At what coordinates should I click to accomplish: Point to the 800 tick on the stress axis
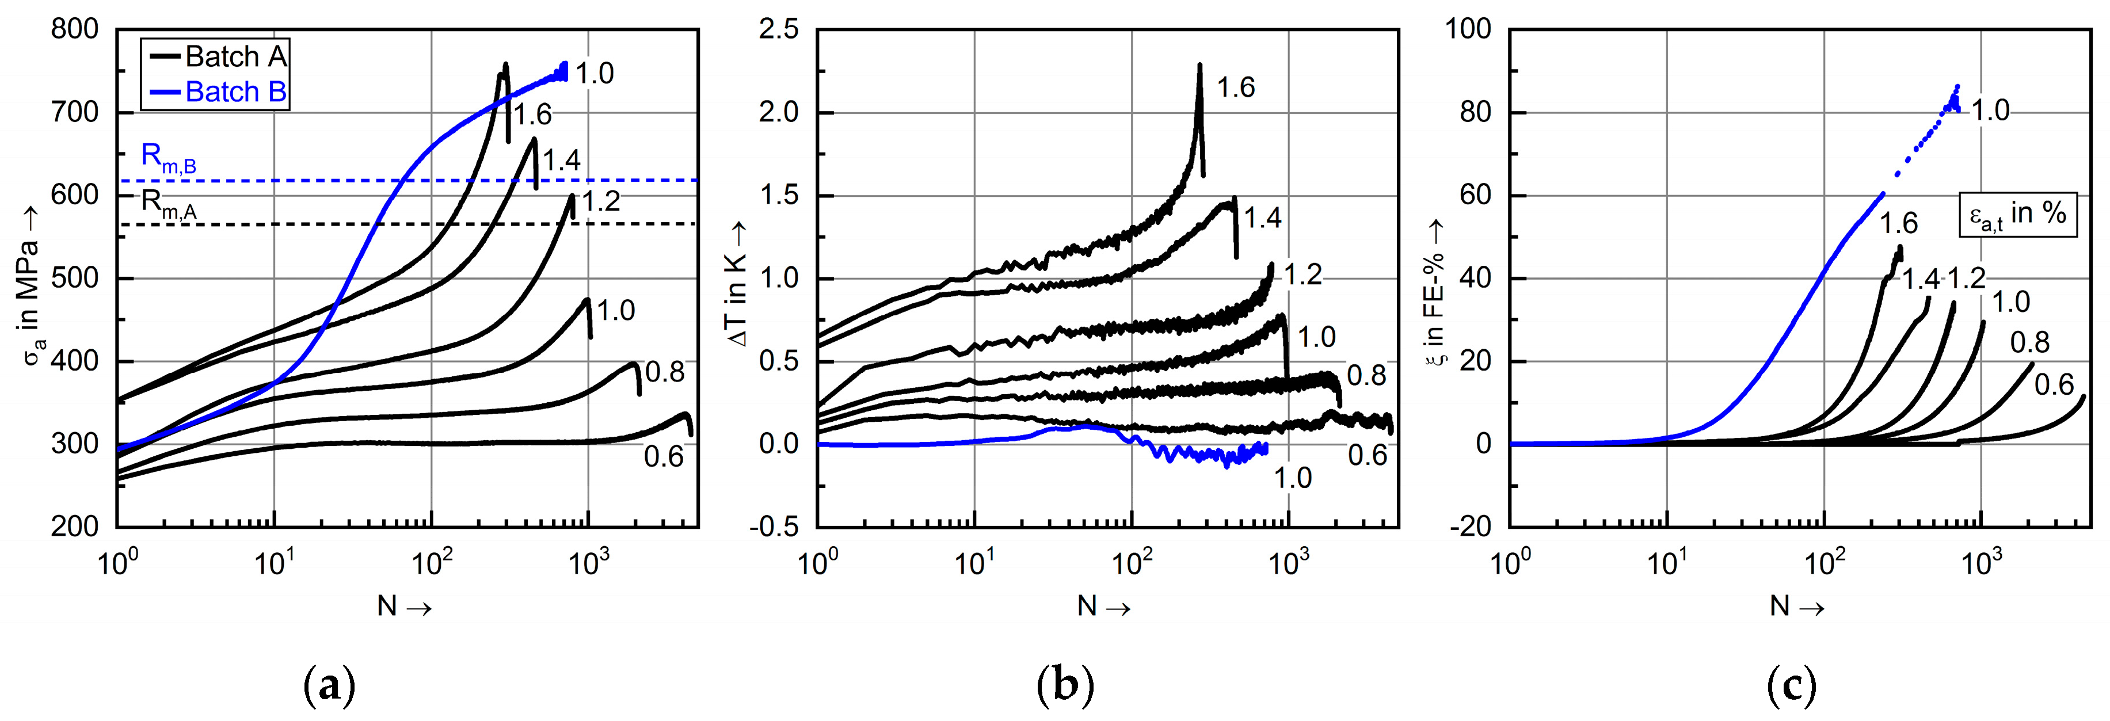tap(75, 29)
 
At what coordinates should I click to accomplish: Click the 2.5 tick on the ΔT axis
tap(778, 29)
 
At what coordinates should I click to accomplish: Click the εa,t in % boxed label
tap(2017, 215)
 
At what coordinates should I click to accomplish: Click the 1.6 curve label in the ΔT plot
tap(1235, 87)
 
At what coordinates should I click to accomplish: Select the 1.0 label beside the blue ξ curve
tap(1990, 110)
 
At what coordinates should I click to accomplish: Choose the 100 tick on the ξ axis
tap(1467, 29)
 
